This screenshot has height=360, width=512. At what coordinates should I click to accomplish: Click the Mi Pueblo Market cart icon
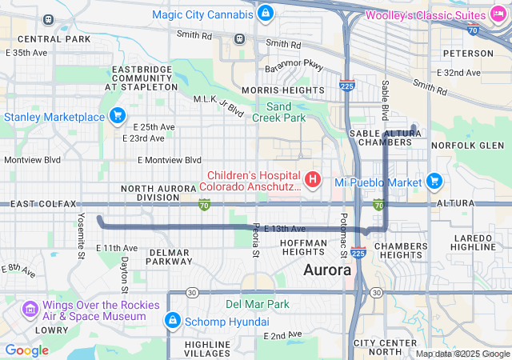point(434,182)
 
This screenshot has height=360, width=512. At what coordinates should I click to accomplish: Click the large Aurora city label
point(327,270)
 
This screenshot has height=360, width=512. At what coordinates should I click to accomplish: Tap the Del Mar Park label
point(258,304)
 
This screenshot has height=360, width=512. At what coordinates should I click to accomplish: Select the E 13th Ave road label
point(285,229)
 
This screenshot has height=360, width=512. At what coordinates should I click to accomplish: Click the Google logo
point(27,350)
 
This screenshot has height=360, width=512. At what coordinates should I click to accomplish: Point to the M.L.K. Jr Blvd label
point(218,106)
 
